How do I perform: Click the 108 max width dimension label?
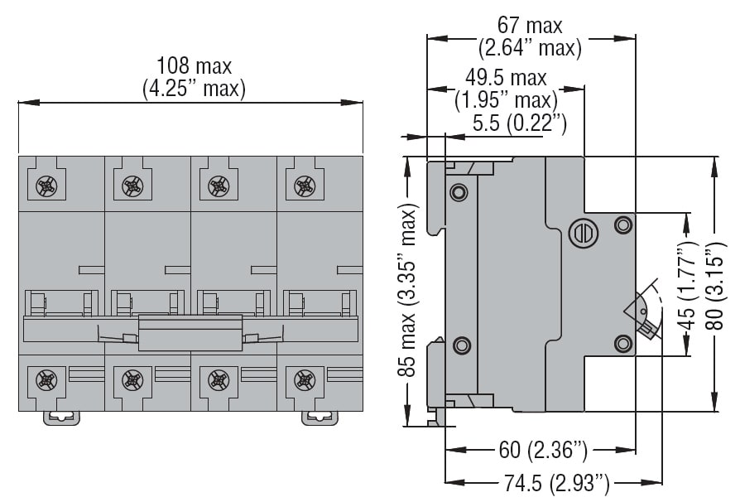(x=195, y=65)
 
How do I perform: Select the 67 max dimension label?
(x=530, y=26)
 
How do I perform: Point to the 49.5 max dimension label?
(x=506, y=78)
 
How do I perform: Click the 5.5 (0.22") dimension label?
(x=520, y=124)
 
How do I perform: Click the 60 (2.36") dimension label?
(x=543, y=451)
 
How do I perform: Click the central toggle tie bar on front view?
(x=190, y=333)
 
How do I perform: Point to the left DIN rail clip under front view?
(x=62, y=417)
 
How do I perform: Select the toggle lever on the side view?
(x=645, y=317)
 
